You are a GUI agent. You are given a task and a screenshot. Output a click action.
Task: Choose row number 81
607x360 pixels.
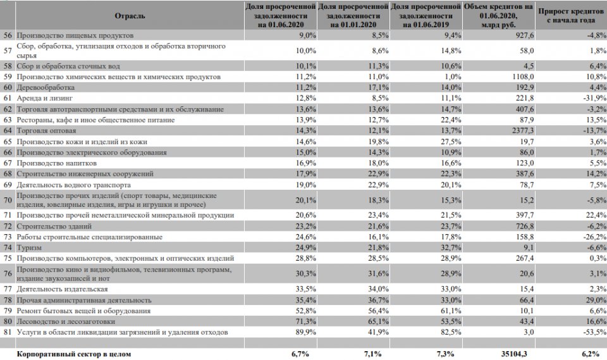8,332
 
